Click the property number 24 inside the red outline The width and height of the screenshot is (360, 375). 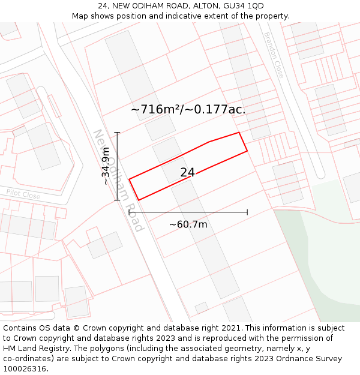click(x=187, y=173)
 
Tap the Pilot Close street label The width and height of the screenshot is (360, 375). click(x=23, y=195)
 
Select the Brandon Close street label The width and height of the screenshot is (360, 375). click(x=274, y=55)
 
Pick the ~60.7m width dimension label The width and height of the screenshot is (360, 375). click(x=188, y=224)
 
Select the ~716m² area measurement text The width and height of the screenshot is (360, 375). click(x=155, y=109)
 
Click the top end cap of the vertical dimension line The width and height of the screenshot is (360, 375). click(x=117, y=133)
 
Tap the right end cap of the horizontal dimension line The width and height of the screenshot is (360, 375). click(x=247, y=212)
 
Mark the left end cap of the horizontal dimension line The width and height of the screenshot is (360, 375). click(x=129, y=212)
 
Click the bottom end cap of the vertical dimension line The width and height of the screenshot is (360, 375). click(x=117, y=200)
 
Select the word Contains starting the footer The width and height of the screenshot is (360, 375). click(x=19, y=328)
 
